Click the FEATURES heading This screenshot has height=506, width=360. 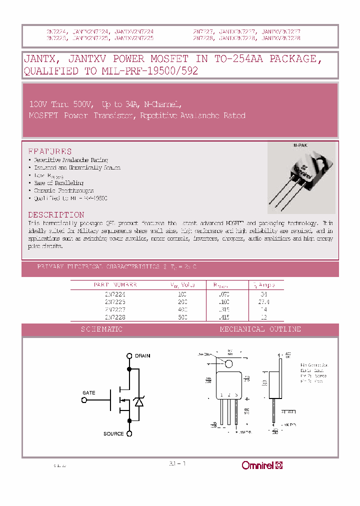pyautogui.click(x=49, y=151)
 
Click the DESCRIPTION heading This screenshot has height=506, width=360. pyautogui.click(x=56, y=215)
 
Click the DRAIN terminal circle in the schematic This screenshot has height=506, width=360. pyautogui.click(x=129, y=356)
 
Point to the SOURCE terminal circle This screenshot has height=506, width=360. pyautogui.click(x=129, y=433)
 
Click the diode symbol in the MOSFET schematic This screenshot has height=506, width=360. pyautogui.click(x=140, y=400)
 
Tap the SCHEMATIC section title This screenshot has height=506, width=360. pyautogui.click(x=101, y=329)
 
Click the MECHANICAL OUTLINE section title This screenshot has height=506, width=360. pyautogui.click(x=260, y=329)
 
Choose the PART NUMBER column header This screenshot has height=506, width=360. pyautogui.click(x=115, y=285)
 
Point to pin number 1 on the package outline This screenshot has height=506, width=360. pyautogui.click(x=220, y=395)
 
